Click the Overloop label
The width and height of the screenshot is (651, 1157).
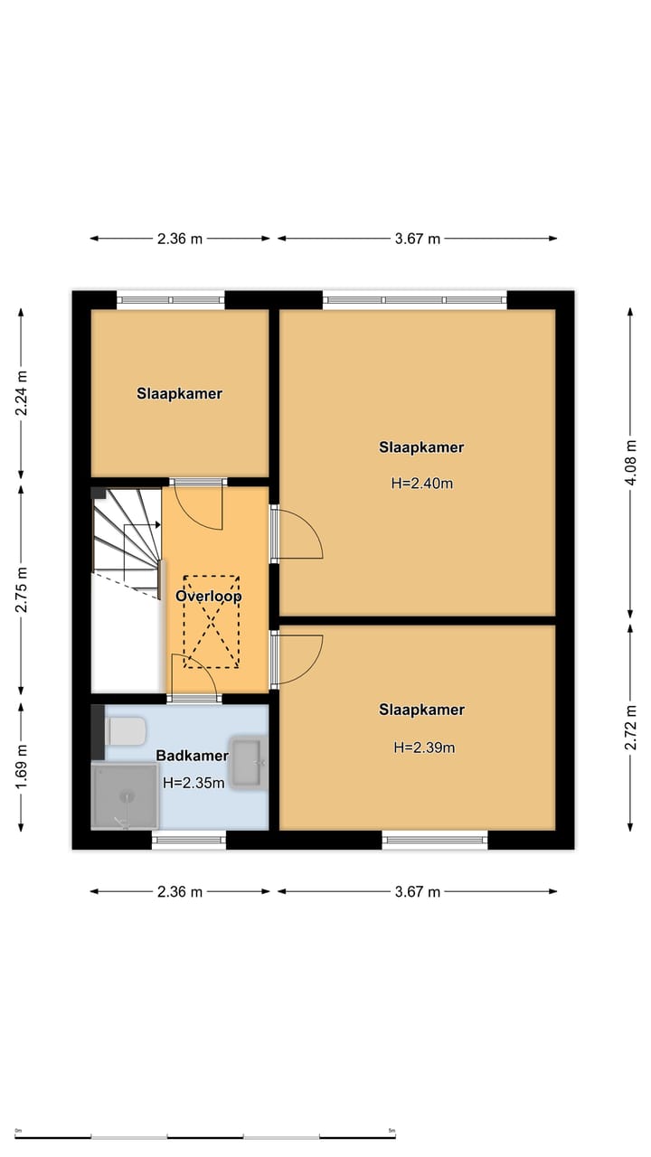point(209,597)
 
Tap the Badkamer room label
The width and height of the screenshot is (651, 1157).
point(192,756)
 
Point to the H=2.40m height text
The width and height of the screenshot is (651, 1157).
point(421,484)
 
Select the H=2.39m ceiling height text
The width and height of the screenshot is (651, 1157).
point(423,748)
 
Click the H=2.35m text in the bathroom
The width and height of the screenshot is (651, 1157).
point(193,784)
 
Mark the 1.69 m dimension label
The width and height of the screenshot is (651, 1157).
point(23,762)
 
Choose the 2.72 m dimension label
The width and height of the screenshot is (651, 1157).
point(632,727)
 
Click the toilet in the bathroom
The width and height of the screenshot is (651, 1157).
point(123,730)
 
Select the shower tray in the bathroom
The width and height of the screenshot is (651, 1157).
point(125,795)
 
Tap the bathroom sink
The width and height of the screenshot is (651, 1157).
point(249,764)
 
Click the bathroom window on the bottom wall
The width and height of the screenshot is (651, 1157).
point(188,841)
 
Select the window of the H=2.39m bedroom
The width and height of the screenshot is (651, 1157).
point(435,841)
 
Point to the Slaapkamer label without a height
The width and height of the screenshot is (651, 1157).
point(180,394)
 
